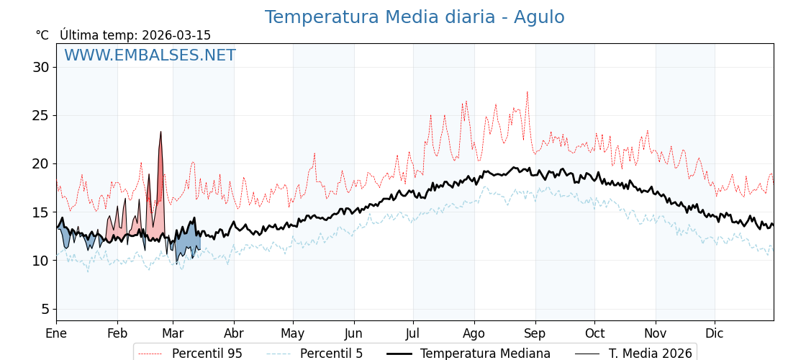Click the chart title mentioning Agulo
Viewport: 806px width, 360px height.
point(415,17)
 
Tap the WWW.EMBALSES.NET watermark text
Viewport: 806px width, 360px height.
point(150,55)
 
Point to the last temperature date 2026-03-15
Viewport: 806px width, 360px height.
point(176,35)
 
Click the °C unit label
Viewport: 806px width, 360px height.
point(42,35)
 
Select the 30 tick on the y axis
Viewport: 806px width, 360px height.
point(40,67)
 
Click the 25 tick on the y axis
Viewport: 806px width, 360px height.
point(40,115)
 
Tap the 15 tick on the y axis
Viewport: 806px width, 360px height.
point(40,212)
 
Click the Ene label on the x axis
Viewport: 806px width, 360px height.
point(56,333)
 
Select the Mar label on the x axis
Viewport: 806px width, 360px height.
point(173,333)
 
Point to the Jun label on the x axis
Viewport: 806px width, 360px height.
point(353,333)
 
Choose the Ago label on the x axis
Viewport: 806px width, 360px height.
point(474,333)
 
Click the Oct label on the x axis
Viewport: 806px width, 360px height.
point(594,333)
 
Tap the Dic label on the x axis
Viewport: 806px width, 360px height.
point(715,333)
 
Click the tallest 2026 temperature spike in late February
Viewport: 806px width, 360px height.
point(160,132)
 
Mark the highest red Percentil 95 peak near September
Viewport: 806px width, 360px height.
point(527,92)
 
